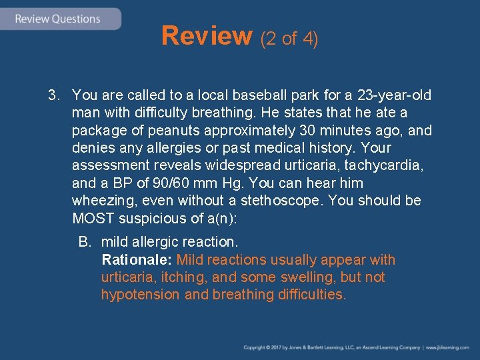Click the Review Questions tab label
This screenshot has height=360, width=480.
pos(57,19)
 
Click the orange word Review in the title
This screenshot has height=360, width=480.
pos(206,37)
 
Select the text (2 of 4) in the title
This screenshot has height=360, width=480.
pos(289,39)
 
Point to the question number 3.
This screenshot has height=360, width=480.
pos(53,95)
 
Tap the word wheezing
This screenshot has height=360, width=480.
pos(103,201)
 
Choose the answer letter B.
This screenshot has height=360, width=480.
pos(85,242)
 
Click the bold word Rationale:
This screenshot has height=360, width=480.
pos(137,260)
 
